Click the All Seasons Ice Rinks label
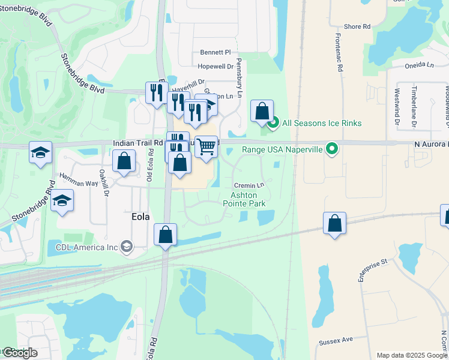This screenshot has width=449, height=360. pos(322,123)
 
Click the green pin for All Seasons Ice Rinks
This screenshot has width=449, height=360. pos(273,124)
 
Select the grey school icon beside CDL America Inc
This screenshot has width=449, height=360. pos(126,246)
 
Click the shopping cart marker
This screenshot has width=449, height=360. pos(206,146)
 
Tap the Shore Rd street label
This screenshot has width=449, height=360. pos(357,26)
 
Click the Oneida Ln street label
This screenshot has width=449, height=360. pos(420,65)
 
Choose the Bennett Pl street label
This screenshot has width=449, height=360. pos(215,52)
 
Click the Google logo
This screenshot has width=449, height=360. pos(19,353)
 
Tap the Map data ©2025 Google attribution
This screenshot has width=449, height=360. pos(412,355)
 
